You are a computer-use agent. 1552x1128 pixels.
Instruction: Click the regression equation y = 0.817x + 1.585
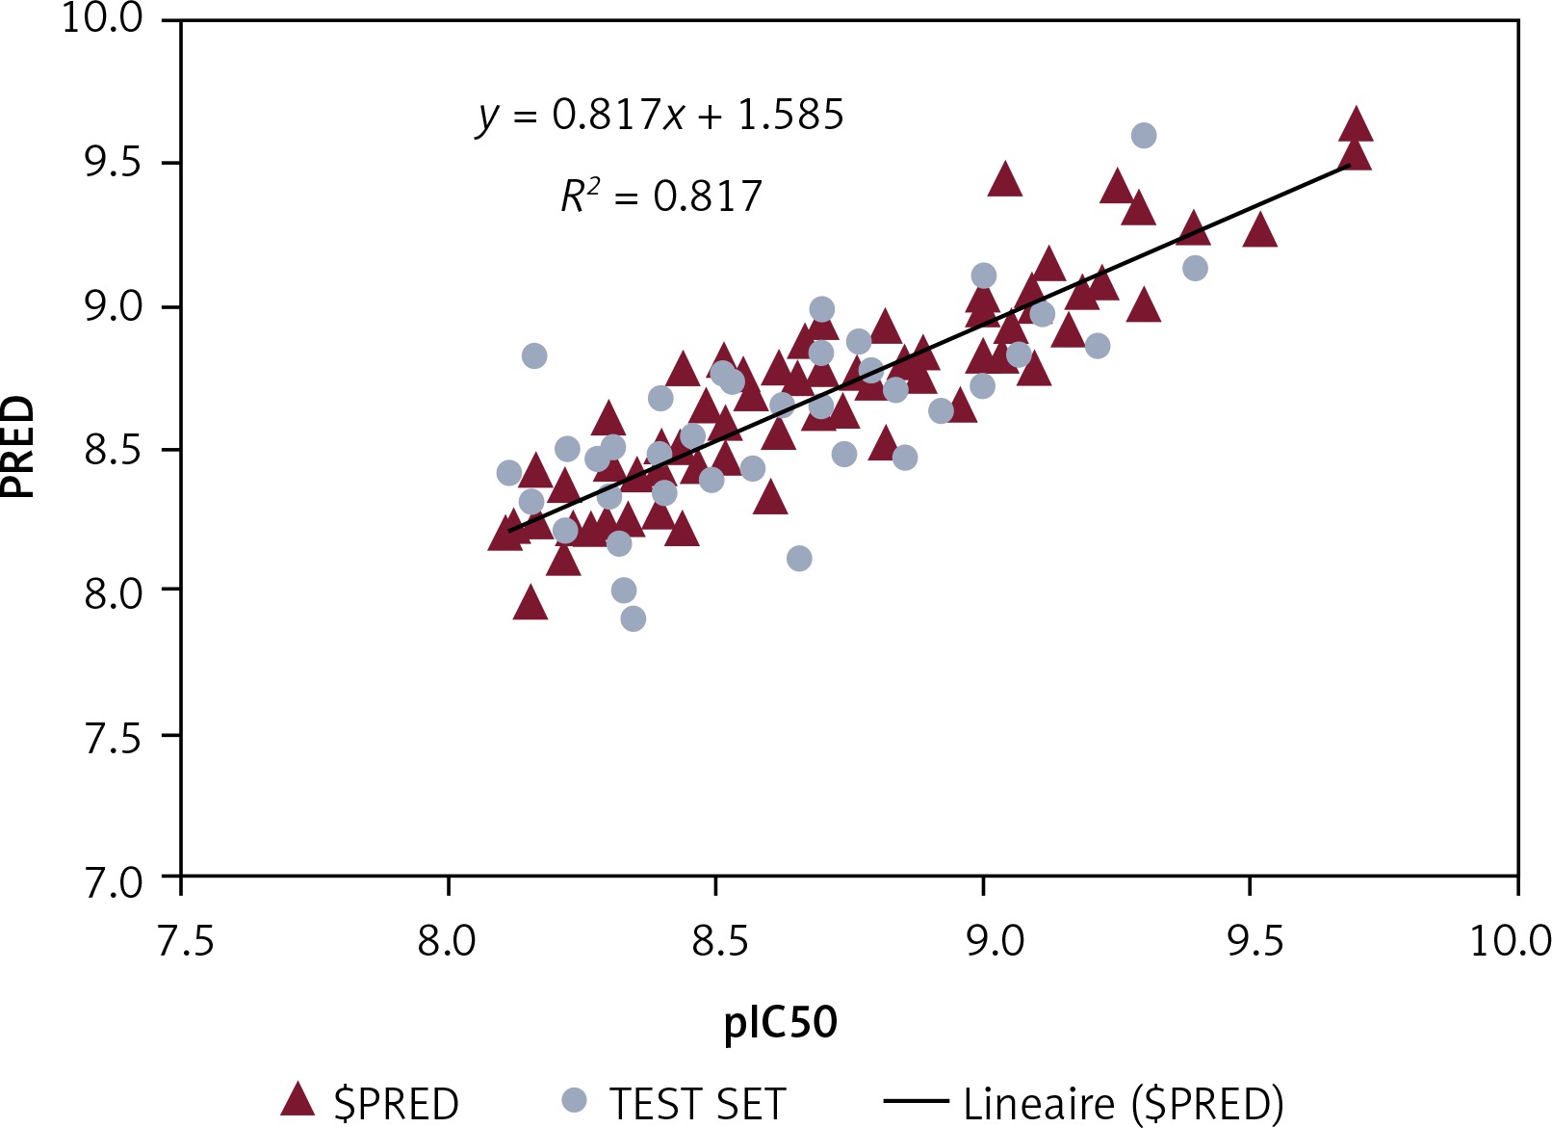pos(660,116)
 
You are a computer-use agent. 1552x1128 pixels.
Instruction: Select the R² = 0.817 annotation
pos(660,197)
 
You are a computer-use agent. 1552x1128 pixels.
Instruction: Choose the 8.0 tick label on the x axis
pos(448,940)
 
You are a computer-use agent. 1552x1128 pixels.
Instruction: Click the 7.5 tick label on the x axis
pos(183,940)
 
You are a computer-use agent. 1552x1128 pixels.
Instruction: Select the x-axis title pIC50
pos(781,1021)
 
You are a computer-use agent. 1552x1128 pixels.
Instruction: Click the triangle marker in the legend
pos(297,1100)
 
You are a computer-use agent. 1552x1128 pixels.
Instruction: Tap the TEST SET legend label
pos(697,1103)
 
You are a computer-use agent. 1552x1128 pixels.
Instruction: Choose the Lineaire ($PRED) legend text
pos(1123,1103)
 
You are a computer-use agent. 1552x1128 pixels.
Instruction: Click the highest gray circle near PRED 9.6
pos(1143,136)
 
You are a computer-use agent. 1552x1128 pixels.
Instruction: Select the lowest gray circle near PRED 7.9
pos(633,618)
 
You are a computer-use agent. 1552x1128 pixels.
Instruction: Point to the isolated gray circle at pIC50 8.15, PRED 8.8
pos(534,356)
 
